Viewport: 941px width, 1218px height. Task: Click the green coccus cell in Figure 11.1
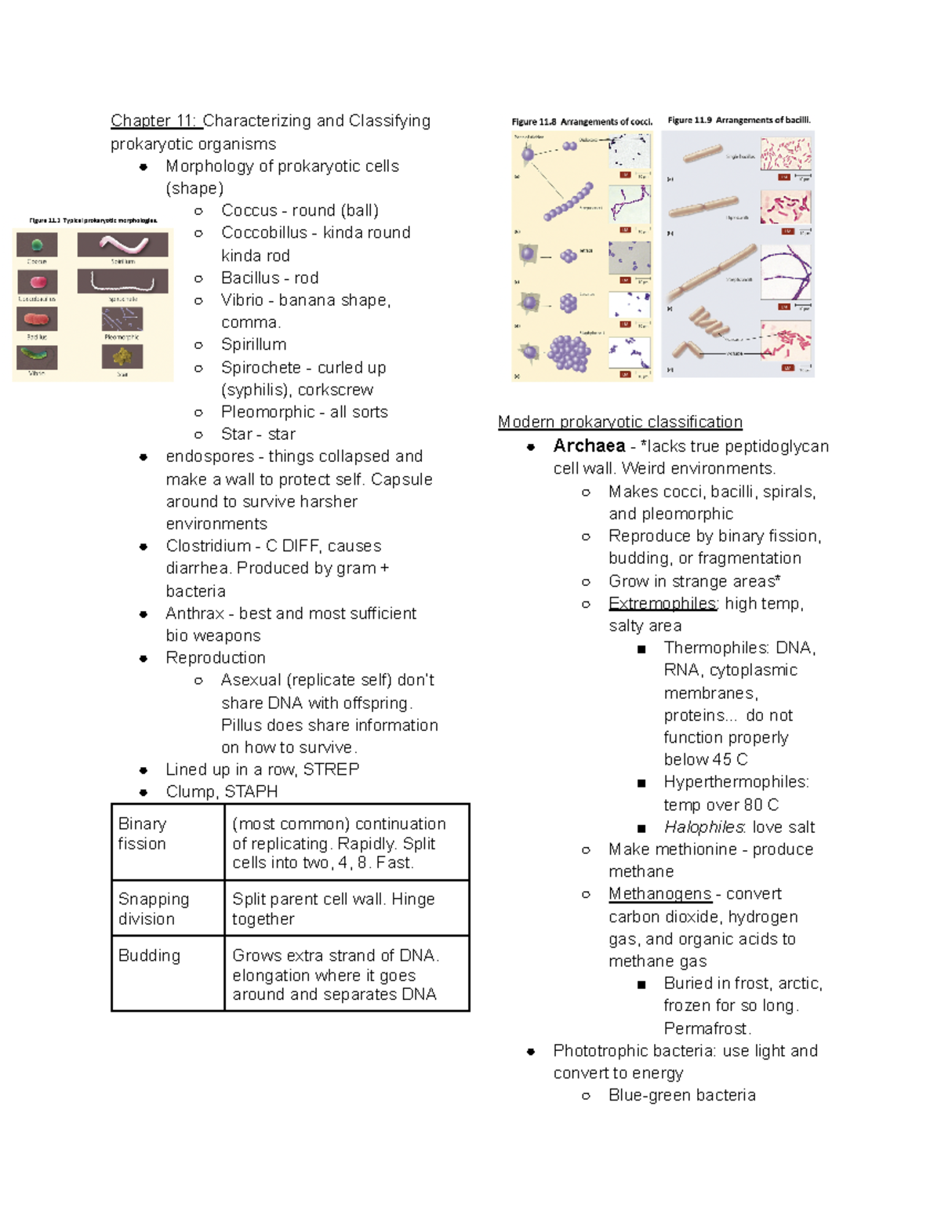(37, 245)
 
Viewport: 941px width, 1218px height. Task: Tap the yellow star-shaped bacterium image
(122, 357)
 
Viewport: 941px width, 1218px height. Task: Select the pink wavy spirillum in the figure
(123, 244)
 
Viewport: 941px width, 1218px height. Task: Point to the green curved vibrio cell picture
(37, 357)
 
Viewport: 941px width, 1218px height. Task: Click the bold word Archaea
(589, 446)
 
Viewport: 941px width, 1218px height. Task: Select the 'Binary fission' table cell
(142, 834)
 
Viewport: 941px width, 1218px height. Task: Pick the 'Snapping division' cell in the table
(154, 909)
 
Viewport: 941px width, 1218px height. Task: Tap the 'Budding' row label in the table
(149, 955)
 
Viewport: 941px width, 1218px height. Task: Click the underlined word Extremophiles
(663, 604)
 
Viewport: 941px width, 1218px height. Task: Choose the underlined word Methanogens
(659, 894)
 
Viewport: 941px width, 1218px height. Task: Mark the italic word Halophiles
(703, 827)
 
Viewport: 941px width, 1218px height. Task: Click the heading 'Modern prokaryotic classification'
(619, 422)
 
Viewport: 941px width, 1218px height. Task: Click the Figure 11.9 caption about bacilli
(739, 120)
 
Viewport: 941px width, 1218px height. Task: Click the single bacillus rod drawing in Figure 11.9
(703, 154)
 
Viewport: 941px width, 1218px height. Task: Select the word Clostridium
(208, 546)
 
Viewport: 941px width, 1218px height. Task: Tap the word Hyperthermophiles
(736, 782)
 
